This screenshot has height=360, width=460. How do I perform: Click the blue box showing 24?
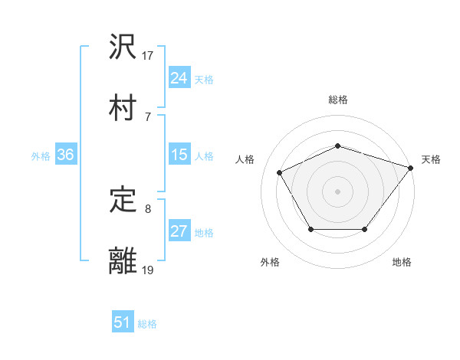pyautogui.click(x=179, y=78)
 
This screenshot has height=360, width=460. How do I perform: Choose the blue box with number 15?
pyautogui.click(x=179, y=155)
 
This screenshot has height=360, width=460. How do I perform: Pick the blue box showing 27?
pyautogui.click(x=179, y=232)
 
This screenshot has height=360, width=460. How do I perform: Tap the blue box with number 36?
pyautogui.click(x=65, y=155)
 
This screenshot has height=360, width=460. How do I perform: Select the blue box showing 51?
pyautogui.click(x=123, y=323)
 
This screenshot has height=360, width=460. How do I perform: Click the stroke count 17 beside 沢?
pyautogui.click(x=148, y=55)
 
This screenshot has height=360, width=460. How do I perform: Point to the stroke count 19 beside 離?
pyautogui.click(x=148, y=270)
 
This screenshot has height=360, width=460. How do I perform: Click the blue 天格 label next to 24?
pyautogui.click(x=204, y=79)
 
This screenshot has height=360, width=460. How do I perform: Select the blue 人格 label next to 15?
pyautogui.click(x=204, y=155)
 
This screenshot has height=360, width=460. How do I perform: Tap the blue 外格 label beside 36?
pyautogui.click(x=41, y=155)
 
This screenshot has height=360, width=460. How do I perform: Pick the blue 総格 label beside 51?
pyautogui.click(x=147, y=324)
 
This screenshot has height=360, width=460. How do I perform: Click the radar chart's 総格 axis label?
pyautogui.click(x=338, y=100)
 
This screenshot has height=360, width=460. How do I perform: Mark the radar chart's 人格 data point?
pyautogui.click(x=280, y=172)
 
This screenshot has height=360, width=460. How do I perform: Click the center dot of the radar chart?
pyautogui.click(x=338, y=191)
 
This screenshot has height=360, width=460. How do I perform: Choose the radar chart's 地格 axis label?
pyautogui.click(x=402, y=263)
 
